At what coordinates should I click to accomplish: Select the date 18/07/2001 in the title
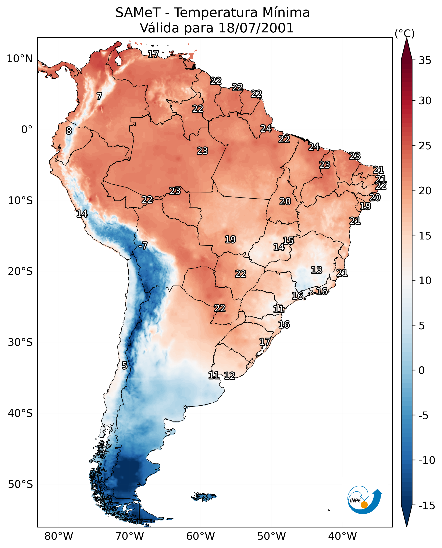[x=256, y=28]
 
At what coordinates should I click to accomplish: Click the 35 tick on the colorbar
[x=425, y=61]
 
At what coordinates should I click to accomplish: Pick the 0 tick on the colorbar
[x=422, y=370]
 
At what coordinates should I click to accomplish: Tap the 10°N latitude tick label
[x=20, y=59]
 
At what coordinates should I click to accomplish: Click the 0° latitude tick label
[x=27, y=130]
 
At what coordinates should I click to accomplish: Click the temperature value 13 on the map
[x=317, y=270]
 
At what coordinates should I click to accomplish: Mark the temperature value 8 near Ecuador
[x=69, y=131]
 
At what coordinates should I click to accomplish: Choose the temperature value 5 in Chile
[x=124, y=365]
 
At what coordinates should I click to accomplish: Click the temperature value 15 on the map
[x=288, y=241]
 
